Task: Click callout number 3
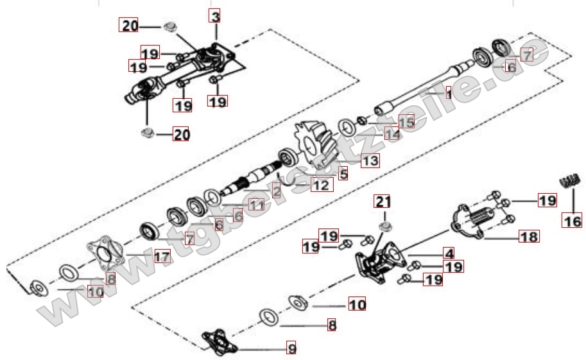click(x=215, y=15)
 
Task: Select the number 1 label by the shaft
click(x=449, y=94)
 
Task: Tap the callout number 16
click(x=573, y=221)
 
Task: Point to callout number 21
click(x=383, y=202)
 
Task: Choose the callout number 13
click(x=370, y=160)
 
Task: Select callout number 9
click(x=291, y=349)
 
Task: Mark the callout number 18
click(x=530, y=236)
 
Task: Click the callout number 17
click(x=162, y=257)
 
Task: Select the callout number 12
click(x=322, y=185)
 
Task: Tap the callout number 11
click(x=256, y=205)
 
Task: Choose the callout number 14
click(x=392, y=133)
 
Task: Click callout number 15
click(x=407, y=121)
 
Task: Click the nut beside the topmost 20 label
click(x=170, y=27)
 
